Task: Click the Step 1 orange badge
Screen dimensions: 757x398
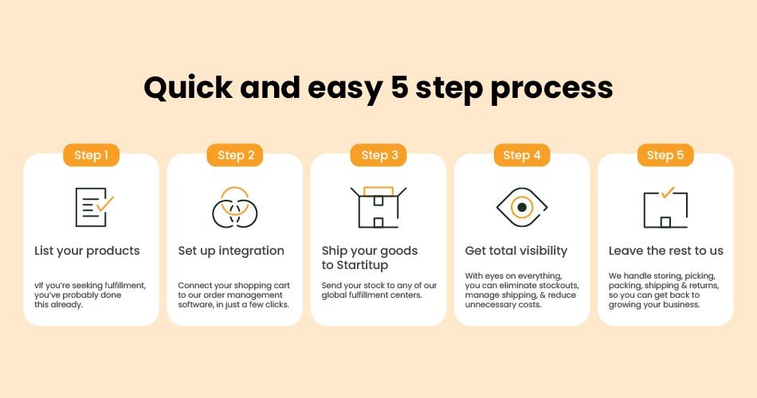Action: point(92,155)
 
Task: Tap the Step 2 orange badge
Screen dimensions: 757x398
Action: point(235,155)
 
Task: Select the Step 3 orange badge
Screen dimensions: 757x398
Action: point(378,155)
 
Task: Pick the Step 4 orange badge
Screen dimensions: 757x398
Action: point(522,155)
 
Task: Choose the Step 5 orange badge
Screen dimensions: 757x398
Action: point(665,155)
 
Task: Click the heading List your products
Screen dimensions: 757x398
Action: point(87,251)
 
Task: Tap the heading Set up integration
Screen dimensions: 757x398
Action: point(231,251)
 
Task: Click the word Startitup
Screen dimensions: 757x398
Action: point(362,265)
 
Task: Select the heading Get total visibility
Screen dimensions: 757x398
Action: point(516,251)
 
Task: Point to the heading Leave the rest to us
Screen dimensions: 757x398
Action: point(665,251)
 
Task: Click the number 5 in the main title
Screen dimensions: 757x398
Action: point(399,88)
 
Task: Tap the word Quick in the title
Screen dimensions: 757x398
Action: point(188,88)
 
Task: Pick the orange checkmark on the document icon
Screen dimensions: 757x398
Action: point(105,203)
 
